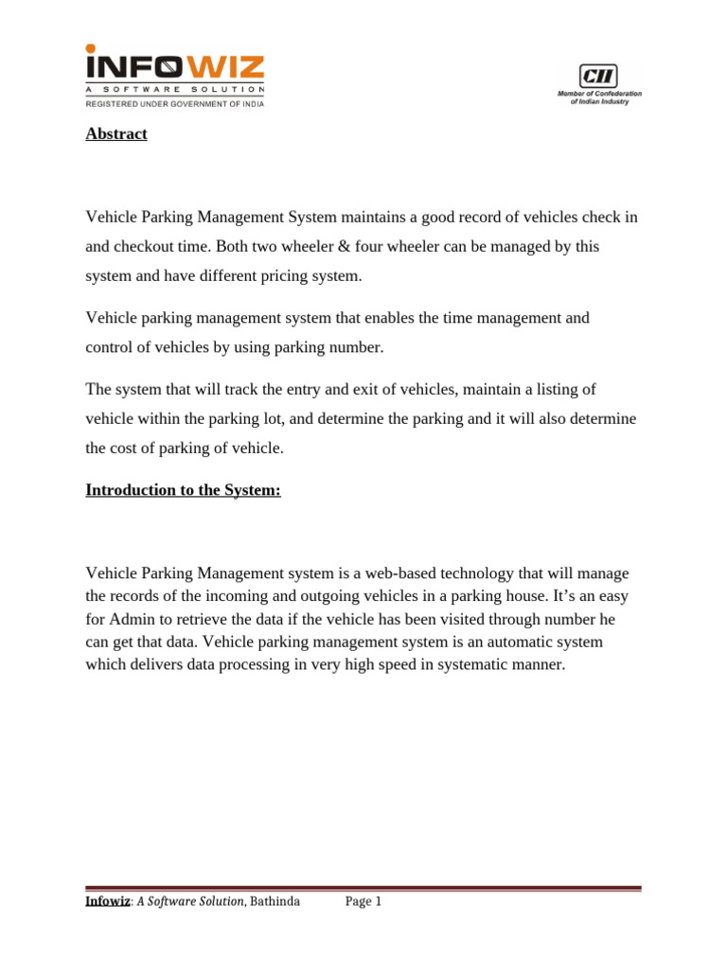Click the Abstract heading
click(116, 134)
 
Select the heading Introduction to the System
click(184, 490)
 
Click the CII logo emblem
click(598, 76)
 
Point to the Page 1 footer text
click(363, 902)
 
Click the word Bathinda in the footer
click(275, 902)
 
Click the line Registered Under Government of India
click(175, 104)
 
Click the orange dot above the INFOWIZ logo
click(91, 48)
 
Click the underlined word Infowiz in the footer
click(108, 902)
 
